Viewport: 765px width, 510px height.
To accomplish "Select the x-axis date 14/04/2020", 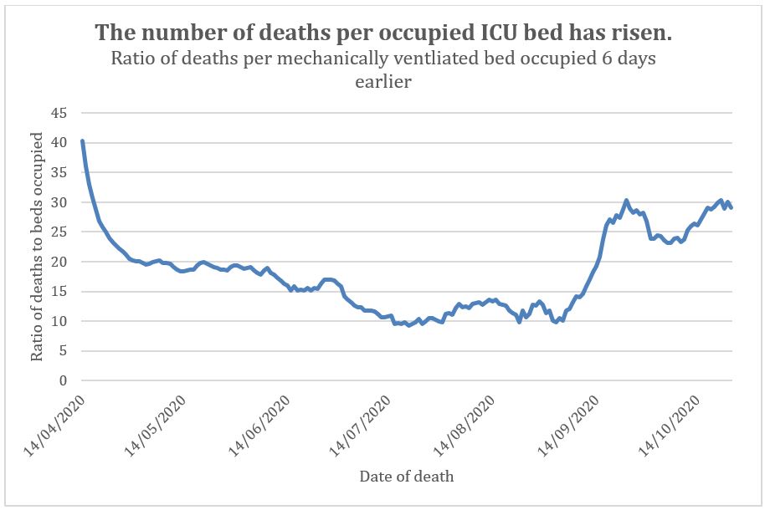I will coord(56,426).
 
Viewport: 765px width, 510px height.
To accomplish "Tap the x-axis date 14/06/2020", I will coord(262,426).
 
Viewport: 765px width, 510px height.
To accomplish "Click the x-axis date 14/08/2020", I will coord(468,426).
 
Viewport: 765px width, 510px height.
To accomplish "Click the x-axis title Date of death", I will coord(407,477).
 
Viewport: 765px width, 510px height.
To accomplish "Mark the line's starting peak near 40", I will coord(82,141).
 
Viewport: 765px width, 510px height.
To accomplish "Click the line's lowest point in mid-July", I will coord(409,324).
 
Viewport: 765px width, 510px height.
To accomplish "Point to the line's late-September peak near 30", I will coord(626,201).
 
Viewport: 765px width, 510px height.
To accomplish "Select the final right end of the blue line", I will coord(731,207).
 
